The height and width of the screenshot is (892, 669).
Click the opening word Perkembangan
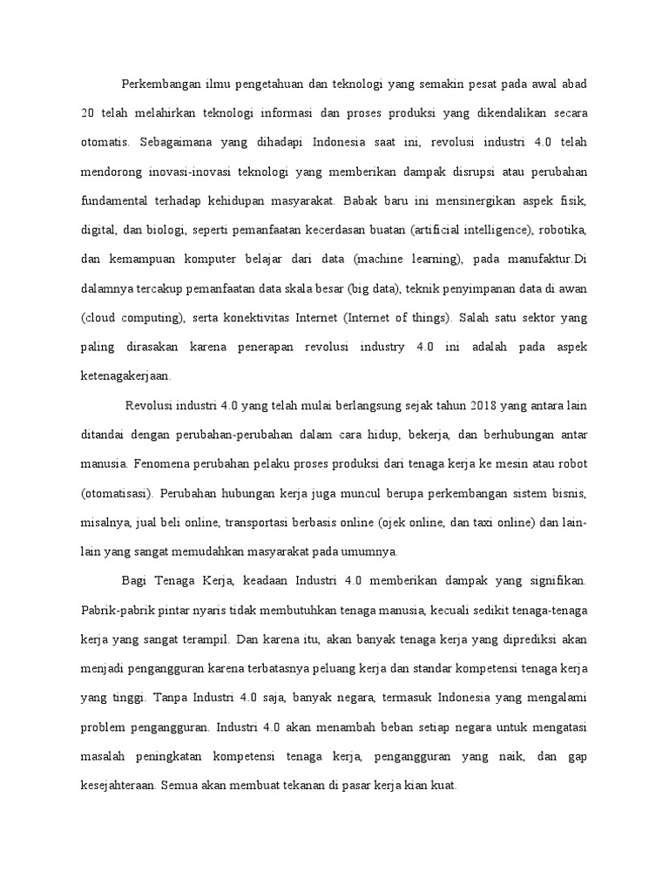(158, 84)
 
